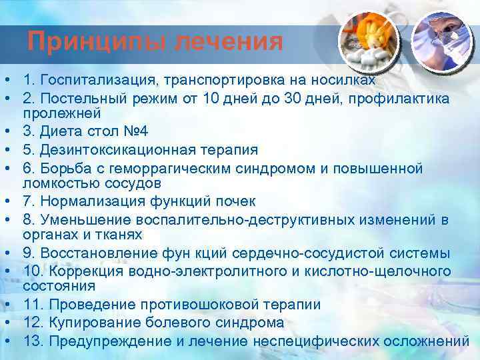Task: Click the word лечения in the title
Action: coord(229,42)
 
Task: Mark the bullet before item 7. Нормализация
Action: coord(7,201)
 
